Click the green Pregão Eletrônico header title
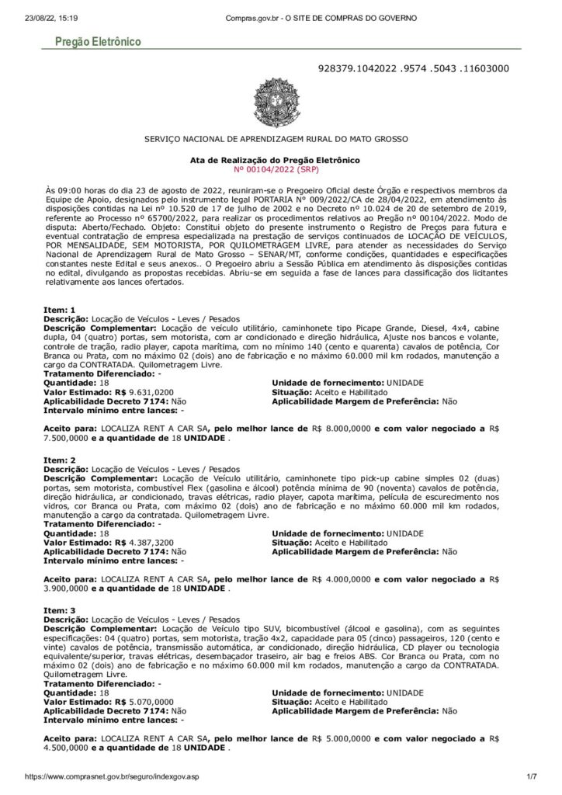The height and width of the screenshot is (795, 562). (x=97, y=42)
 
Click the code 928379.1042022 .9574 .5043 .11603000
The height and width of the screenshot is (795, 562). (x=414, y=68)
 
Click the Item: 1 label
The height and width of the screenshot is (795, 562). (x=60, y=311)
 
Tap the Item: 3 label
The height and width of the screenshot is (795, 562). (x=60, y=611)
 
